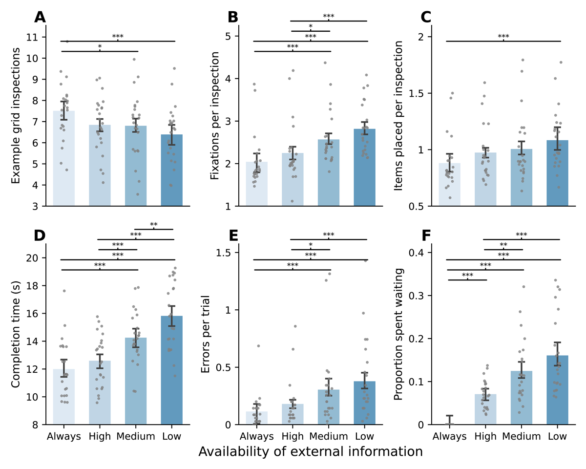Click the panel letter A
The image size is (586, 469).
coord(40,18)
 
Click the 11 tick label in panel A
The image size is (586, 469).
coord(36,37)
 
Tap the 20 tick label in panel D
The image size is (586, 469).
coord(36,258)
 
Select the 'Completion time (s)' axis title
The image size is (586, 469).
coord(16,326)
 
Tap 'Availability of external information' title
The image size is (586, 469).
coord(310,452)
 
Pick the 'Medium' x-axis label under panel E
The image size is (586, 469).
coord(329,436)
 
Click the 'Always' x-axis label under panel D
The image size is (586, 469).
coord(64,436)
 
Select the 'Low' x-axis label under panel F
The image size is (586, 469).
coord(558,436)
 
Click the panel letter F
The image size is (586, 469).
coord(426,235)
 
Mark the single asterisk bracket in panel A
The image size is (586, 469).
coord(100,50)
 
